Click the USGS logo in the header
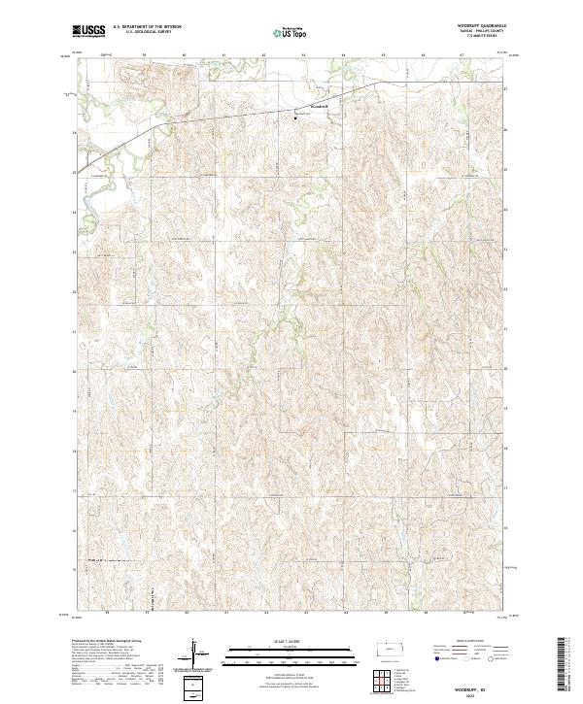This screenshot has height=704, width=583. pos(88,31)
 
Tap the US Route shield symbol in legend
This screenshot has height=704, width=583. pos(472,657)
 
